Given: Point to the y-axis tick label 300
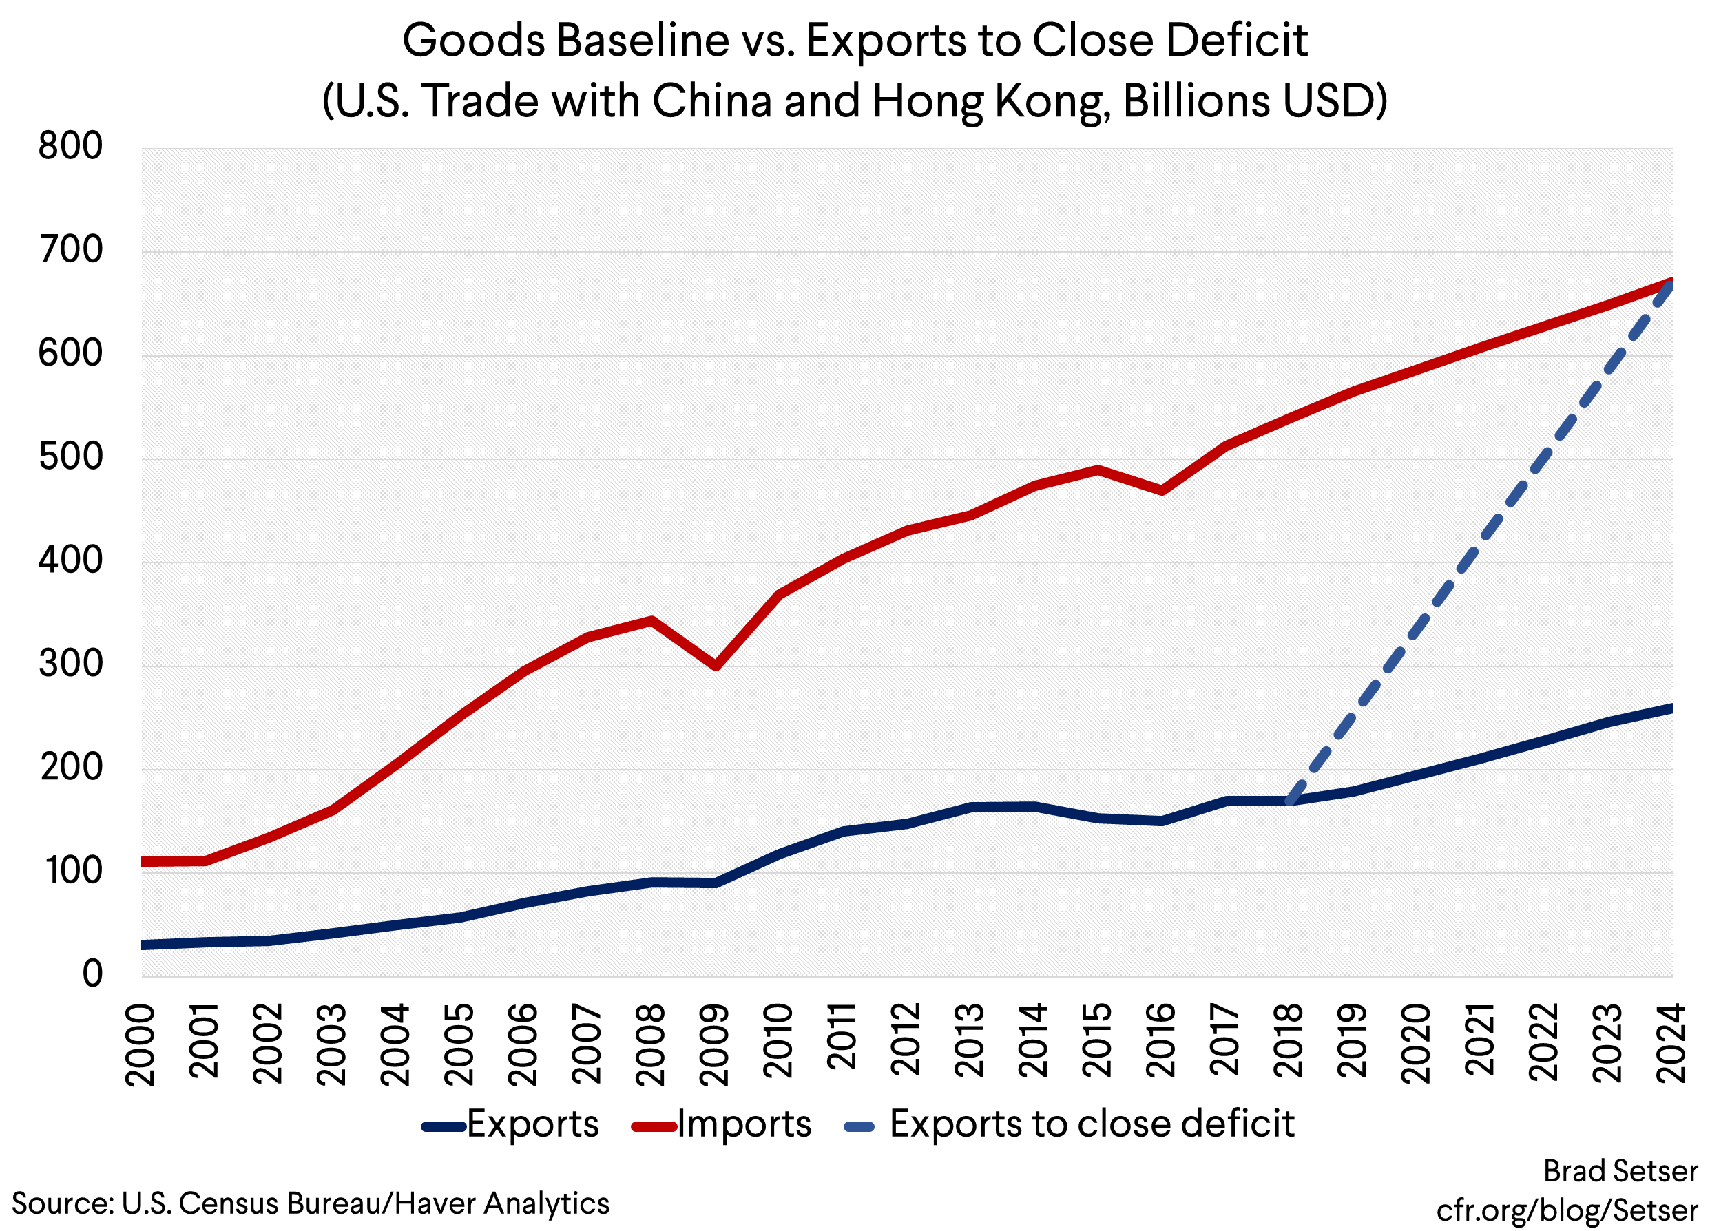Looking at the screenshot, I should click(x=70, y=665).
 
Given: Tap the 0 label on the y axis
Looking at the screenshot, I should click(x=92, y=975).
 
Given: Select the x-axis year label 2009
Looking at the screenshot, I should click(x=714, y=1044).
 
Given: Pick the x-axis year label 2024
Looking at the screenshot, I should click(x=1671, y=1044).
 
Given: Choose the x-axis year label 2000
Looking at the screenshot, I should click(x=140, y=1044).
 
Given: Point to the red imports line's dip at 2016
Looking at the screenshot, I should click(x=1162, y=491).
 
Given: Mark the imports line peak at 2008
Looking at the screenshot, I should click(x=651, y=620).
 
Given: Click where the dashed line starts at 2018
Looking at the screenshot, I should click(x=1290, y=801).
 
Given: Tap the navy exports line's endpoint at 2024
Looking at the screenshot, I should click(x=1669, y=708).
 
